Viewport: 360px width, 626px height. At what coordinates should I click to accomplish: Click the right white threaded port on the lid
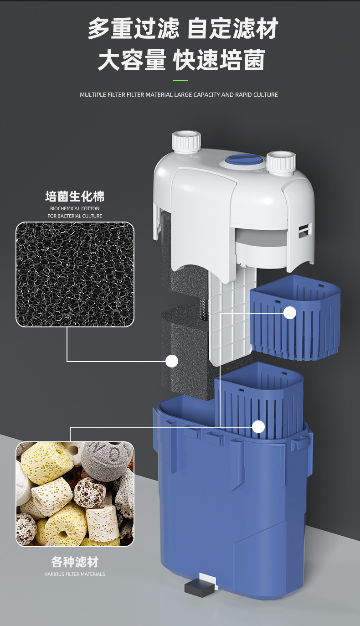[x=281, y=161]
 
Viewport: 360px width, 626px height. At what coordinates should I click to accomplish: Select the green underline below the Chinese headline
[x=180, y=81]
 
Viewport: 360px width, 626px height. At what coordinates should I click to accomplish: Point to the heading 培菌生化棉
[x=75, y=197]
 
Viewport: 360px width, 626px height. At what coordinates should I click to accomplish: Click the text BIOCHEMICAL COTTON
[x=75, y=208]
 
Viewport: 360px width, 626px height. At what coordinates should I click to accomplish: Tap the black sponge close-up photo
[x=75, y=274]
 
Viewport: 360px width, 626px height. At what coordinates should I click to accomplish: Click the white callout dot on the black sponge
[x=171, y=361]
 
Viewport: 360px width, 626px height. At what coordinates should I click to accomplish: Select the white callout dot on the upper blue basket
[x=290, y=313]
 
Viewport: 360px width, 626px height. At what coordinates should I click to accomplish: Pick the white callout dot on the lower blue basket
[x=258, y=426]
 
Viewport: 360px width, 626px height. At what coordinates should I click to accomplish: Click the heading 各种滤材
[x=75, y=562]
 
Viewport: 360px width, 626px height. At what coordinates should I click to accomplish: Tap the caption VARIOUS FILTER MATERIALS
[x=75, y=574]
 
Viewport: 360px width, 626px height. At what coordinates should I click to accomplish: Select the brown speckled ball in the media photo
[x=89, y=492]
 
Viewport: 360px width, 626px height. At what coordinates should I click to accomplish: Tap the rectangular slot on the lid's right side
[x=303, y=230]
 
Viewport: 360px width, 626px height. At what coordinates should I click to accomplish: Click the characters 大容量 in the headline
[x=132, y=61]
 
